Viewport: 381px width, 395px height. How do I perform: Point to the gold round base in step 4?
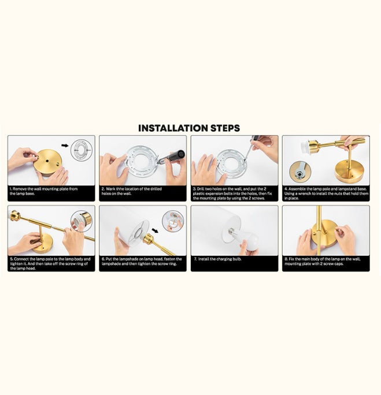pos(350,170)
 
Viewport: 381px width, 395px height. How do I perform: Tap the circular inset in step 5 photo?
pos(82,221)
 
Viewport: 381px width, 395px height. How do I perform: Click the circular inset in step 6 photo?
pos(173,221)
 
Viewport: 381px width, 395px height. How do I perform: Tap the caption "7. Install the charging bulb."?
pos(220,259)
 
